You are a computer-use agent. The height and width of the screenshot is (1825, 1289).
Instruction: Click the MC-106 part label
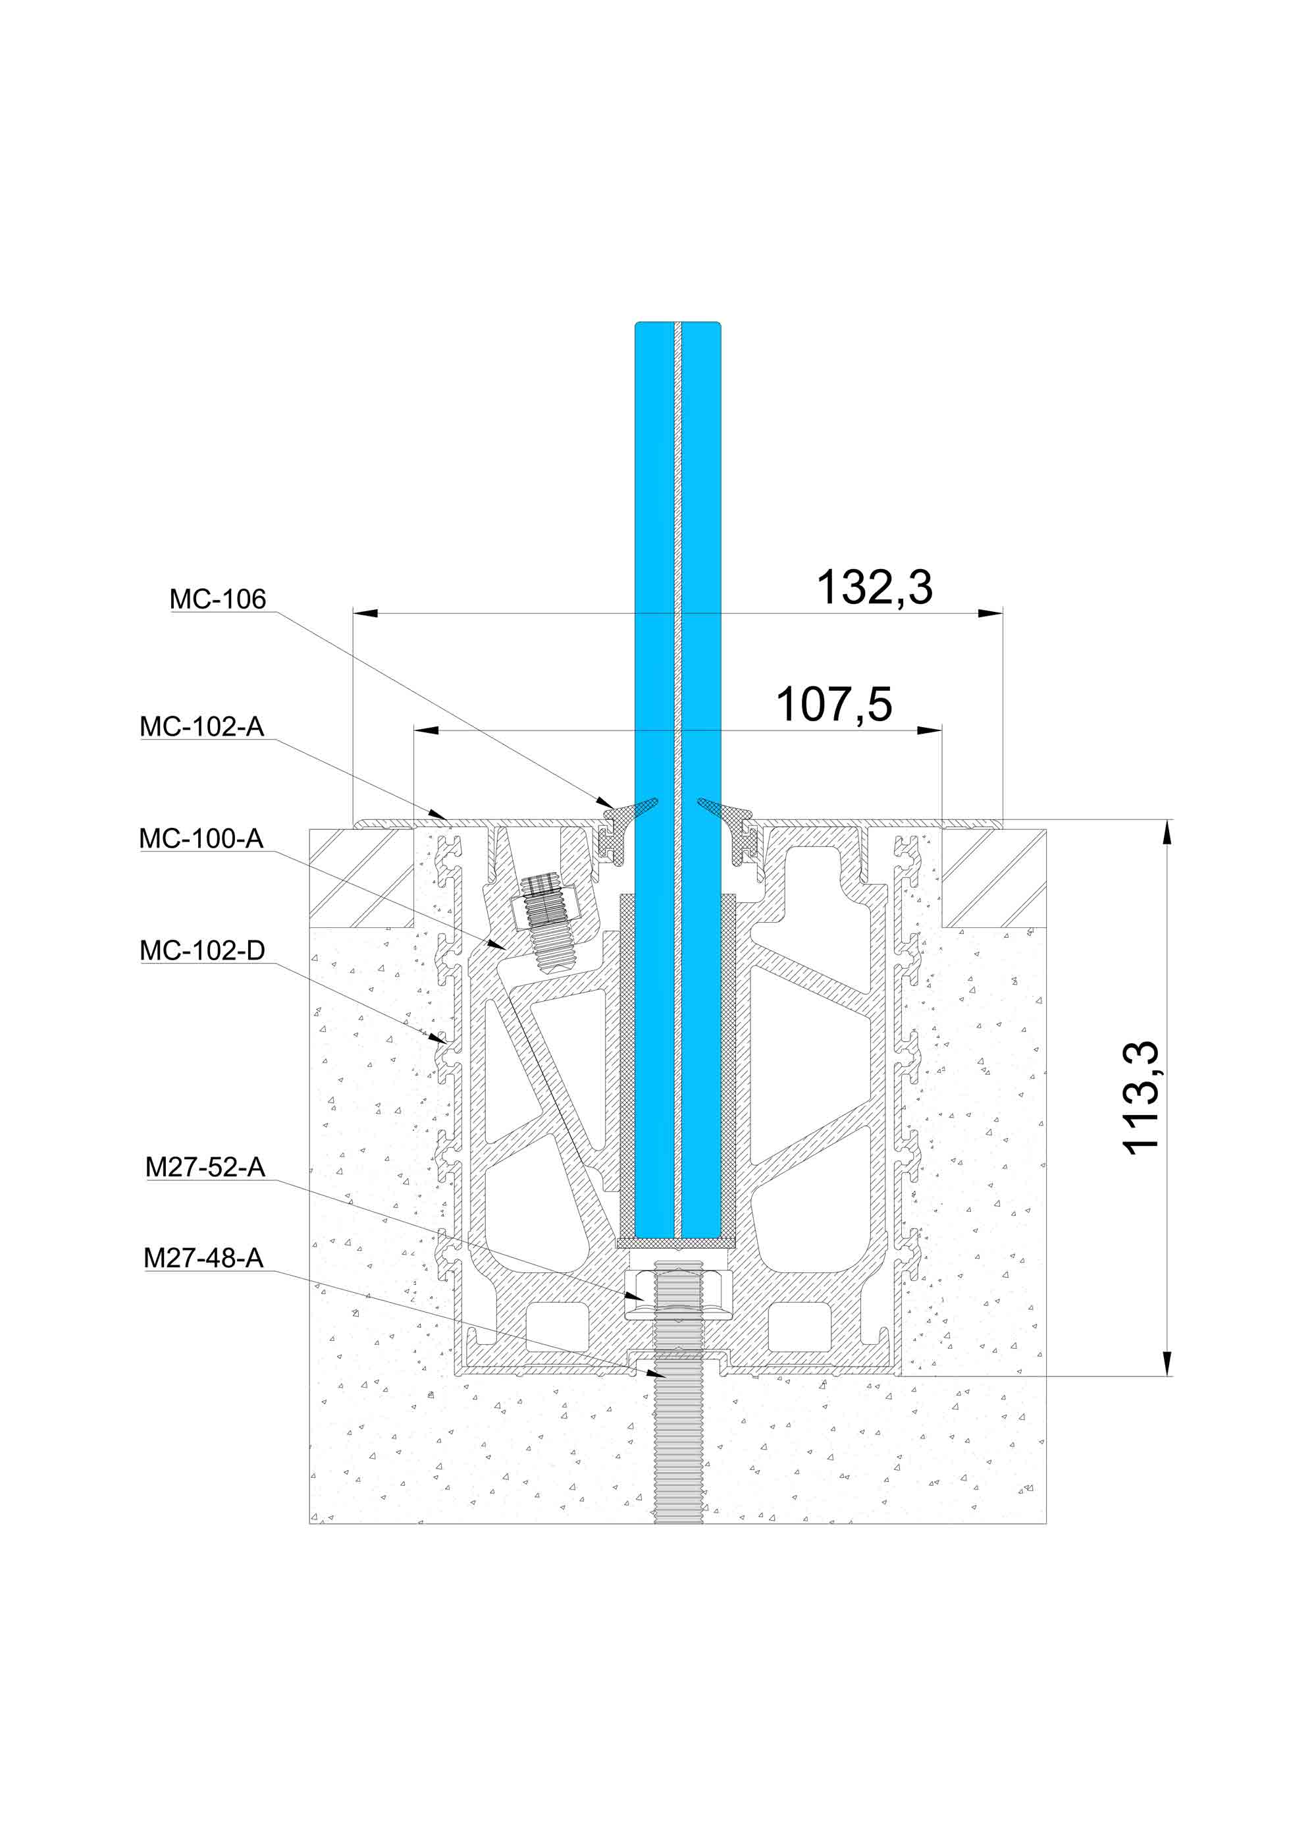pos(218,599)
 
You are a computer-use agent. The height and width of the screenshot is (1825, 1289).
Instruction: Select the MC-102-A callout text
pos(202,726)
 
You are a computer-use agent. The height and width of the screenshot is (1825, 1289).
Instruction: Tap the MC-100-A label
pos(201,838)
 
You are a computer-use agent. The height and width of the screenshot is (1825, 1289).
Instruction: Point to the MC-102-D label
pos(203,950)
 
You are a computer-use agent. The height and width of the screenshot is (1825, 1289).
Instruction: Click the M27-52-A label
pos(205,1167)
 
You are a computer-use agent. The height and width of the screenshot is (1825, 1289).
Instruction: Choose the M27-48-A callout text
pos(203,1257)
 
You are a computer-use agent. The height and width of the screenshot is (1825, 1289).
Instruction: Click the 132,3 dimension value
pos(875,587)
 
